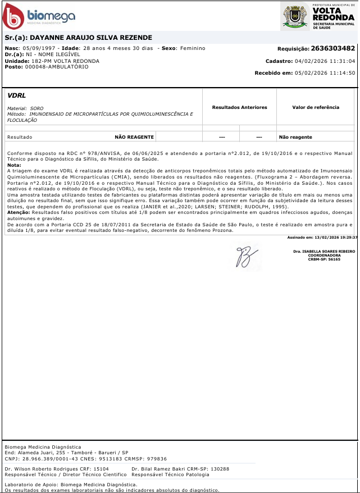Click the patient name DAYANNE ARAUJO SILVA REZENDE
[86, 38]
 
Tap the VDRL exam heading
[17, 95]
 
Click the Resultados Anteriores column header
[239, 107]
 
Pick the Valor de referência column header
[316, 107]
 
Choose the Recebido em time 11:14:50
[343, 73]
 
